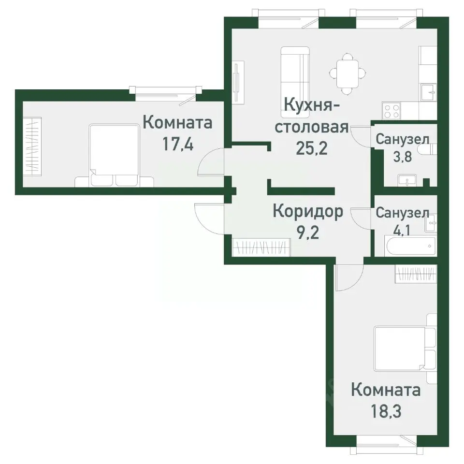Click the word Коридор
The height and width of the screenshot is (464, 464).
pos(308,211)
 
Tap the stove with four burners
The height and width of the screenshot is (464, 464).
pos(391,110)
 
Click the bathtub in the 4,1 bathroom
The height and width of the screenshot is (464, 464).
pos(411,246)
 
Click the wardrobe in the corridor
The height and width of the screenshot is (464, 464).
pos(261,247)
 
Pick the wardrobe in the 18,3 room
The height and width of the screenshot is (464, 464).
pos(416,275)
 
